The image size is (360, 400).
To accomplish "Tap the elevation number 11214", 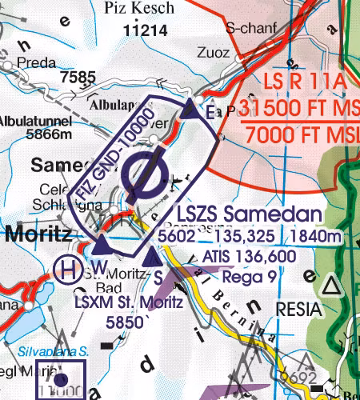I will click(x=147, y=30).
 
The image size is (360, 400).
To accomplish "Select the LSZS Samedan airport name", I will click(x=249, y=216).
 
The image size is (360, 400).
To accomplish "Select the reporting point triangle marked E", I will click(x=191, y=110).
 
